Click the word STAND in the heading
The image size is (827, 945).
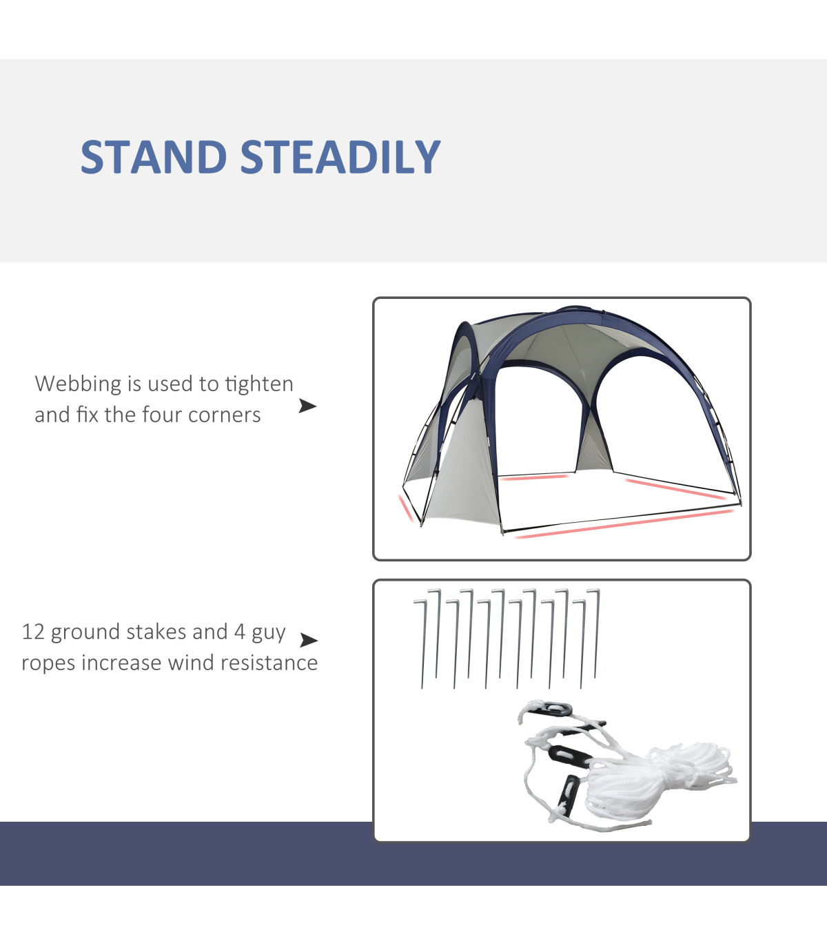[x=154, y=157]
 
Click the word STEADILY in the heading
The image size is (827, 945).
[x=340, y=157]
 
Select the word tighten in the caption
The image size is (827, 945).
[x=259, y=384]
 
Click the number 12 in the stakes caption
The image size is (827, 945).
[x=33, y=632]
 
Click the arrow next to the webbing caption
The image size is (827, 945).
[x=307, y=406]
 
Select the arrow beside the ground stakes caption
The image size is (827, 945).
[x=309, y=640]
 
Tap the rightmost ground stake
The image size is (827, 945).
[x=596, y=633]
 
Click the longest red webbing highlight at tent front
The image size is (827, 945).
[x=624, y=524]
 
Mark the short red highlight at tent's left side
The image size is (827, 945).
[x=406, y=508]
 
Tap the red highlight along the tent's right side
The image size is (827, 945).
[x=675, y=488]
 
